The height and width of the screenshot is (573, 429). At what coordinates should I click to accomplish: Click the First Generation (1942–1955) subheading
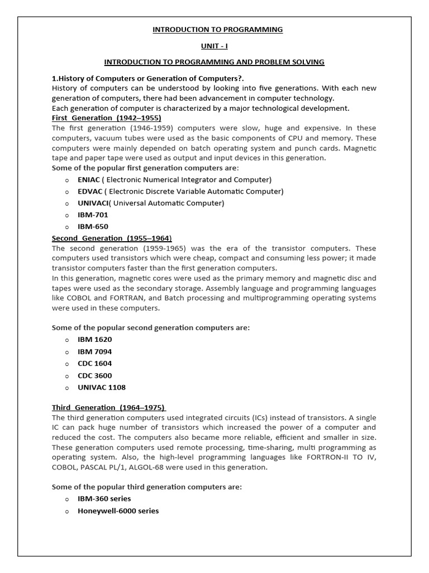(106, 118)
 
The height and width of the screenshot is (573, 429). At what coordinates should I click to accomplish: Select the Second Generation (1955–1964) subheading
(112, 238)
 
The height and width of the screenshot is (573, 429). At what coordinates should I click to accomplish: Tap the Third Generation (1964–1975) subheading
(109, 407)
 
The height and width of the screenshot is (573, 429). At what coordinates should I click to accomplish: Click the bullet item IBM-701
(93, 215)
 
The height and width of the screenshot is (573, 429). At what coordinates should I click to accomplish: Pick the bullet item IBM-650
(93, 227)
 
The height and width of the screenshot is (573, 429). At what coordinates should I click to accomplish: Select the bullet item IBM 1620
(94, 340)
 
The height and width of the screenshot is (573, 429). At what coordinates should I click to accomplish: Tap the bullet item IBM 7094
(94, 351)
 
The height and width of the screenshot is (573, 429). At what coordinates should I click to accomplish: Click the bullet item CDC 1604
(94, 363)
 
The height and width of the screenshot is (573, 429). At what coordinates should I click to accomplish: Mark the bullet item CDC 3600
(94, 375)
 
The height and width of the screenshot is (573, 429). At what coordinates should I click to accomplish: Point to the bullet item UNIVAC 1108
(102, 387)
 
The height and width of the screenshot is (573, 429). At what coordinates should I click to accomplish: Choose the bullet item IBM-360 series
(104, 499)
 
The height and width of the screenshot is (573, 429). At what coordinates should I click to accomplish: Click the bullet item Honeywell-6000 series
(118, 511)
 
